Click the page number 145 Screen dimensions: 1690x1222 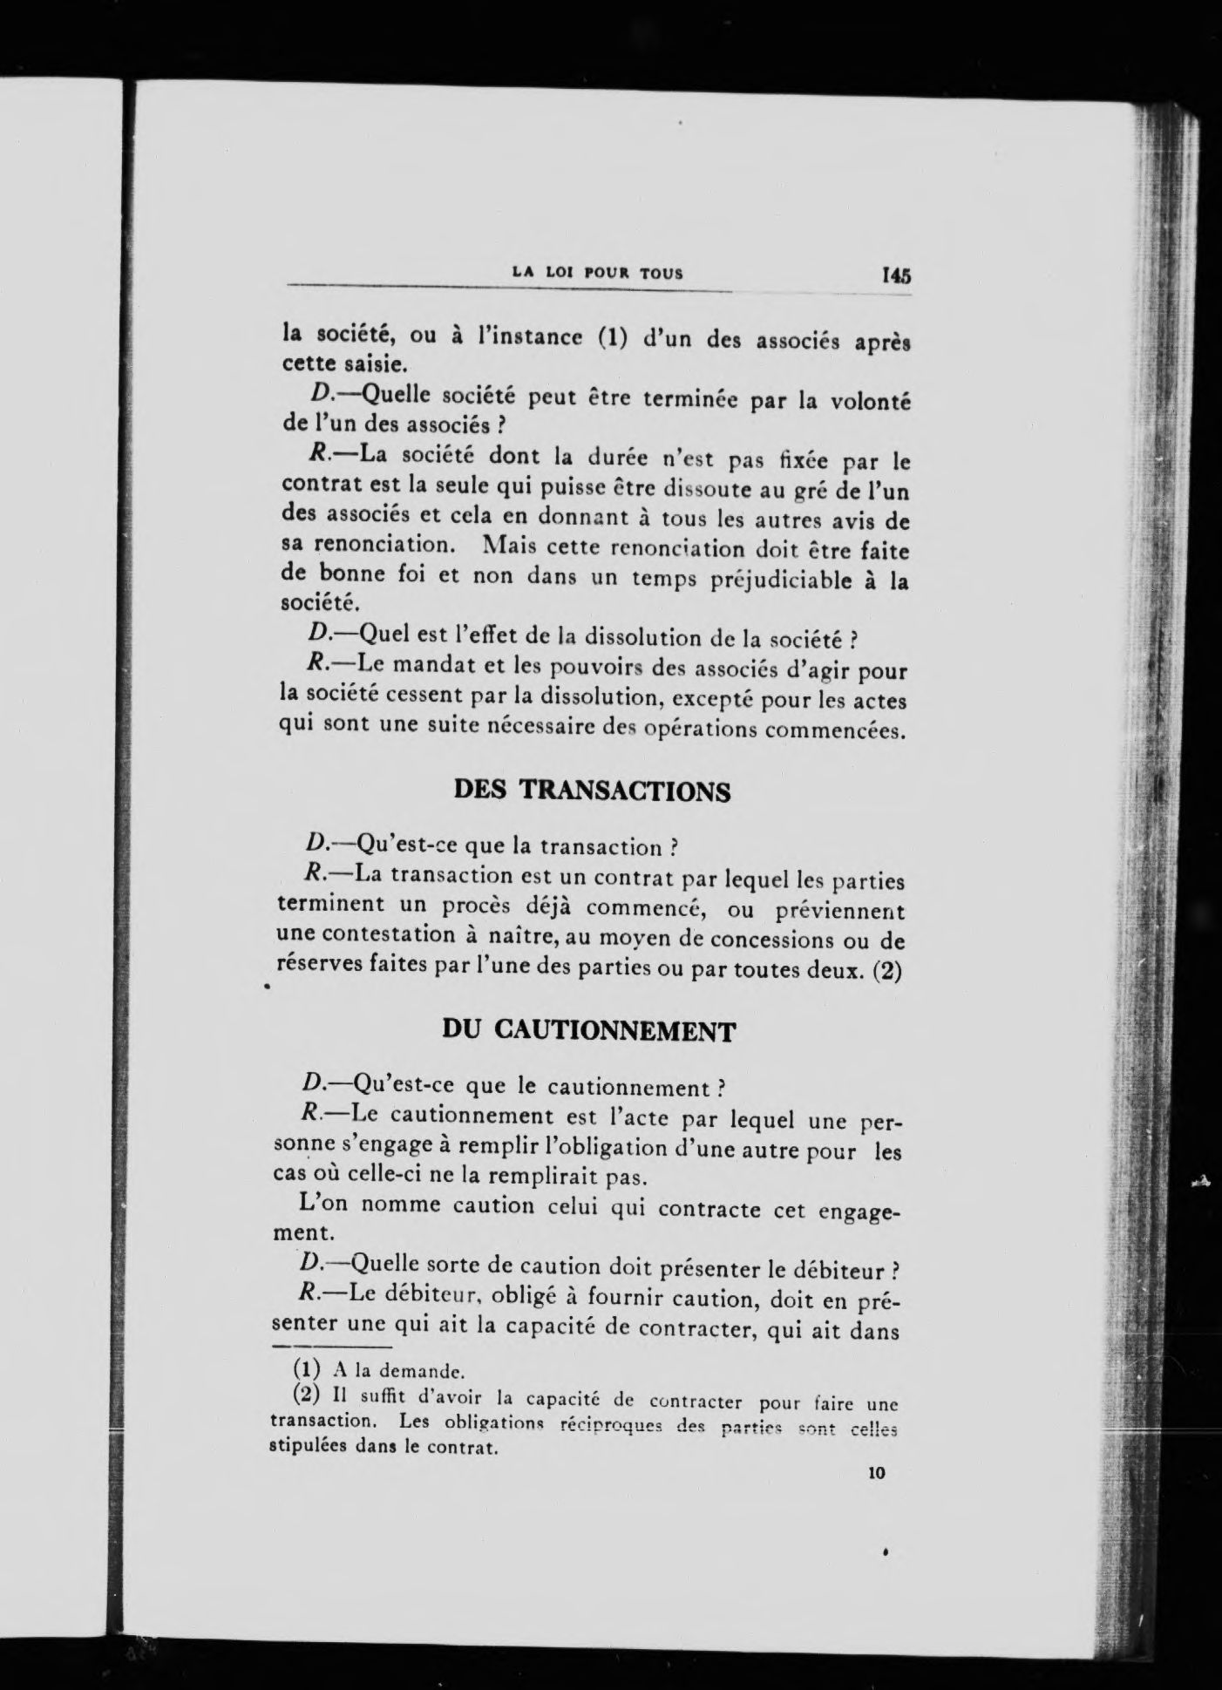(896, 275)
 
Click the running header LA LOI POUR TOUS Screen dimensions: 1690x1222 (598, 273)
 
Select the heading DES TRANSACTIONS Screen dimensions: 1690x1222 (592, 791)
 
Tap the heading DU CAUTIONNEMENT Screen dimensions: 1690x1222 (588, 1031)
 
